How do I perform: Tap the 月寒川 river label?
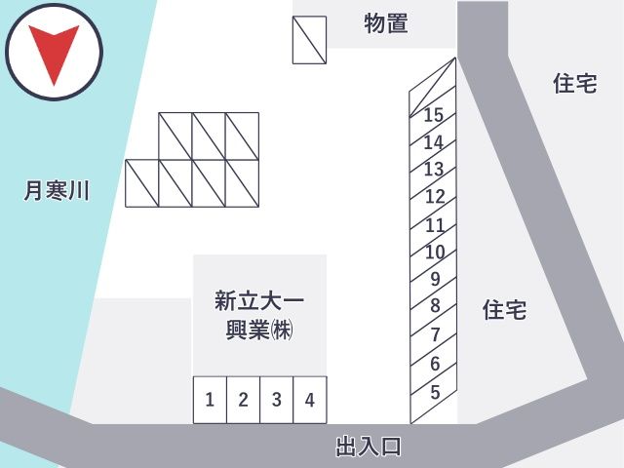57,190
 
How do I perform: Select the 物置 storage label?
386,23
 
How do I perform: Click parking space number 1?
210,400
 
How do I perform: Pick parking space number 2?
243,400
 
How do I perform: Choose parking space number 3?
277,400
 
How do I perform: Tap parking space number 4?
310,400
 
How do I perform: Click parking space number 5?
434,393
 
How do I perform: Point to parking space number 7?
434,335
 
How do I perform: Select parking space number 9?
434,280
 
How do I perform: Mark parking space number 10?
434,253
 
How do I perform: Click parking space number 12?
434,197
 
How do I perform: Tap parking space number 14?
433,142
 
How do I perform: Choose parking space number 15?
433,115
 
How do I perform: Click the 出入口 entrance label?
369,447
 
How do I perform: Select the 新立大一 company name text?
259,301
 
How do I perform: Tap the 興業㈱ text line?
259,330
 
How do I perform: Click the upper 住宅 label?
575,83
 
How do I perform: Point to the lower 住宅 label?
505,310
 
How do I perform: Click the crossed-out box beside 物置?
310,40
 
